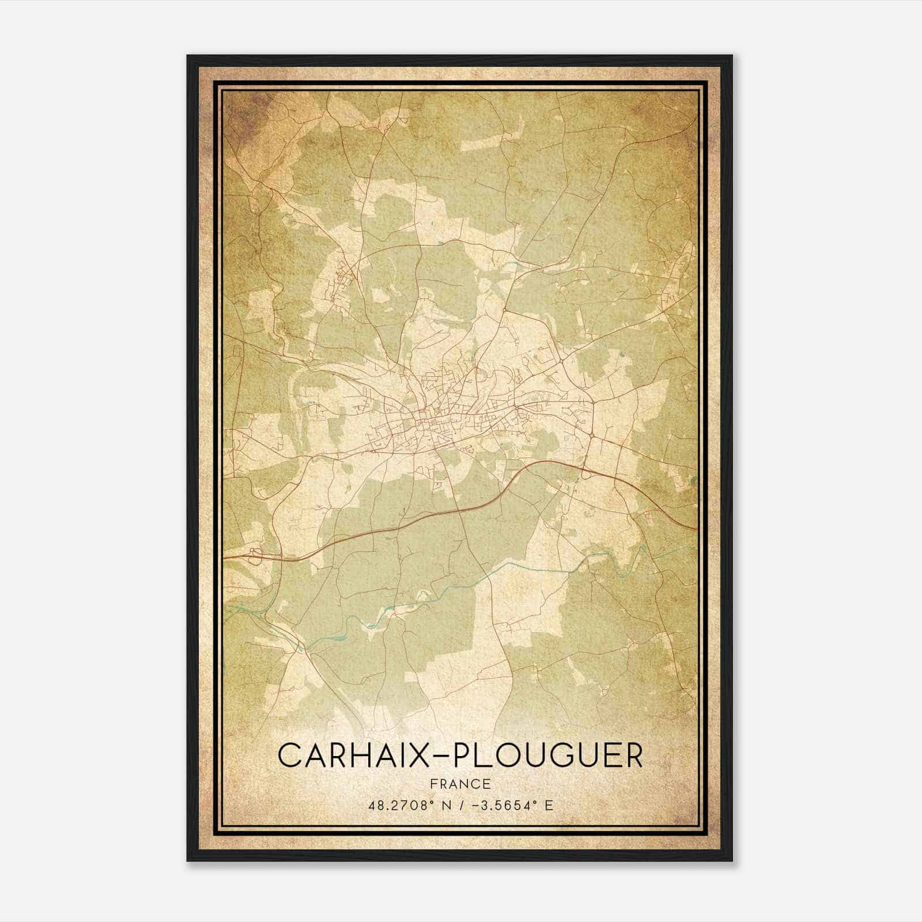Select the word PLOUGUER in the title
tap(548, 755)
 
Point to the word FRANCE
tap(460, 784)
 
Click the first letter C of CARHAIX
tap(290, 755)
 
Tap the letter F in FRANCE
tap(433, 784)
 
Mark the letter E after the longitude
tap(549, 805)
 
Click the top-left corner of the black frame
tap(188, 56)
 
